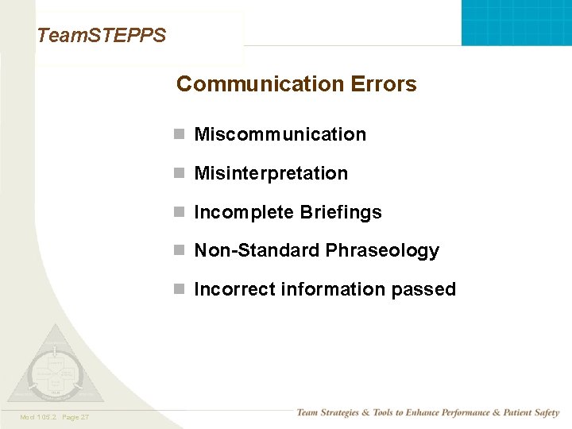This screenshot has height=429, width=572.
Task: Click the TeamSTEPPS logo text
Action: click(x=102, y=36)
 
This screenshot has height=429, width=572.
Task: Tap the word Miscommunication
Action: click(x=280, y=135)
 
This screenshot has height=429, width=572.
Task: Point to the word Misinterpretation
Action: click(x=271, y=174)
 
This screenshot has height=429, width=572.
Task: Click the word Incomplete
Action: click(x=244, y=213)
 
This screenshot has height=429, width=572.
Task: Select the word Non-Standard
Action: click(x=249, y=251)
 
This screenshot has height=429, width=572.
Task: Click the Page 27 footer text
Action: click(x=74, y=417)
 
